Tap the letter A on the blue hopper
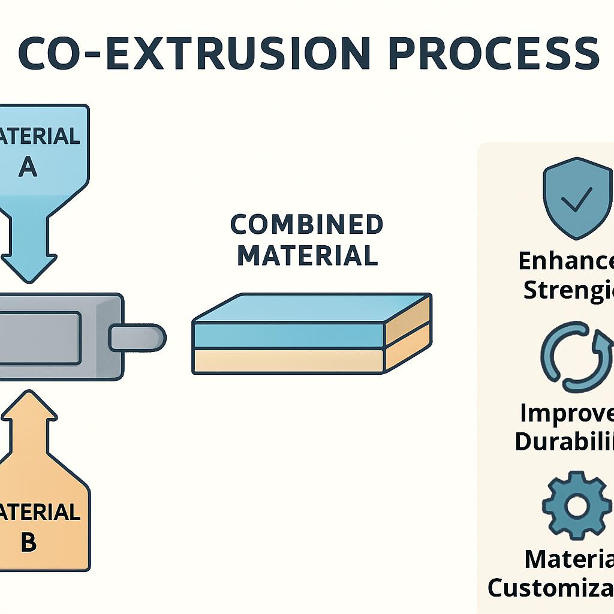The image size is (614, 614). pyautogui.click(x=28, y=167)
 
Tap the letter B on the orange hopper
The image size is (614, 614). pyautogui.click(x=28, y=543)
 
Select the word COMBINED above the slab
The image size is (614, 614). pyautogui.click(x=306, y=225)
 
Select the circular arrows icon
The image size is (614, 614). pyautogui.click(x=576, y=357)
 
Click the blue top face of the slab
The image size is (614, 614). pyautogui.click(x=312, y=309)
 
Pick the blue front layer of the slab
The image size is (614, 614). pyautogui.click(x=288, y=336)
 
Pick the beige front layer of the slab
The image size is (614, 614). pyautogui.click(x=288, y=361)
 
